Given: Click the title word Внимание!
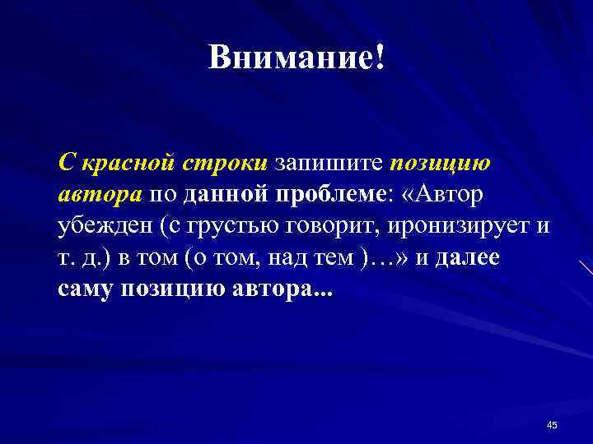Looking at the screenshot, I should [296, 58].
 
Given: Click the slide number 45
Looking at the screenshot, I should [551, 424].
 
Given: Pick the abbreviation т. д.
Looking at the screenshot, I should [79, 258].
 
